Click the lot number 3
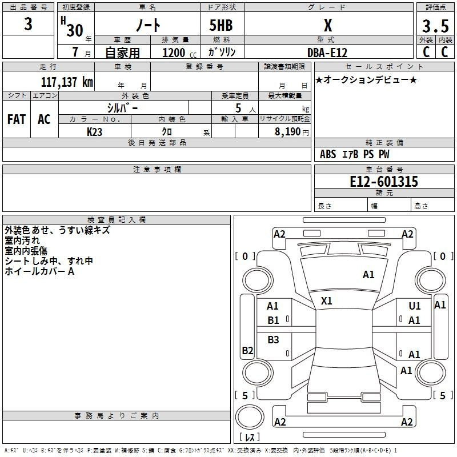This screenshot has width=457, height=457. [28, 24]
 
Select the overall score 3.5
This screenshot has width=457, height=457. [435, 26]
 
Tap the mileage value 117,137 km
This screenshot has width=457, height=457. [67, 82]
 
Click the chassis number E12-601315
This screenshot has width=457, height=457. [384, 182]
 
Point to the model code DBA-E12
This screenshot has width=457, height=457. [327, 53]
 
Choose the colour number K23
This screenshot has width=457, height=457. [94, 132]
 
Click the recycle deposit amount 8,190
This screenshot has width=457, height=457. [288, 132]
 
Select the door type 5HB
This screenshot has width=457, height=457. [221, 25]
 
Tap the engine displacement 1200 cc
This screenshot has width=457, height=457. [179, 53]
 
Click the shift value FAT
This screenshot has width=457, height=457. [17, 119]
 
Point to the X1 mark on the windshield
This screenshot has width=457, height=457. [326, 301]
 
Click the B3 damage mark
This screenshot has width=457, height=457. [273, 339]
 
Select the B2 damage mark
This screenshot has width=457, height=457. [247, 350]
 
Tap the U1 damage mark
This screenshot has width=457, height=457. [415, 306]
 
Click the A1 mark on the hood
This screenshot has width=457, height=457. [368, 275]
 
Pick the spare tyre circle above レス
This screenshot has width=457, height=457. [250, 416]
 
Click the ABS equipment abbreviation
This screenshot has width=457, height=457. [328, 154]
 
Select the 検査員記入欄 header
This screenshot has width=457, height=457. [117, 220]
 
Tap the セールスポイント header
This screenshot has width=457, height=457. [384, 66]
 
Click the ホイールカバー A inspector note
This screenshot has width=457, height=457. [39, 271]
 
